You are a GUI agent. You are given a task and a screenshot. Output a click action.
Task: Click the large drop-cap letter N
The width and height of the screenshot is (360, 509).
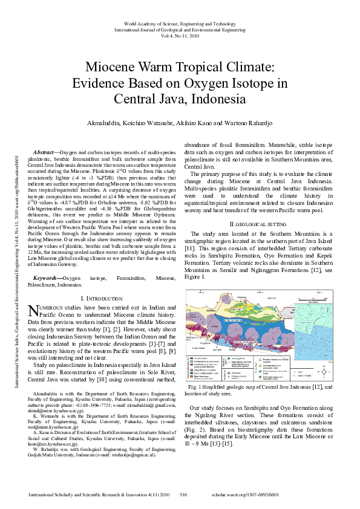point(34,310)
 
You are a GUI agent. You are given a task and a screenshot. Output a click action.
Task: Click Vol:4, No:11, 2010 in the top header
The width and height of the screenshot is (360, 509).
point(180,36)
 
